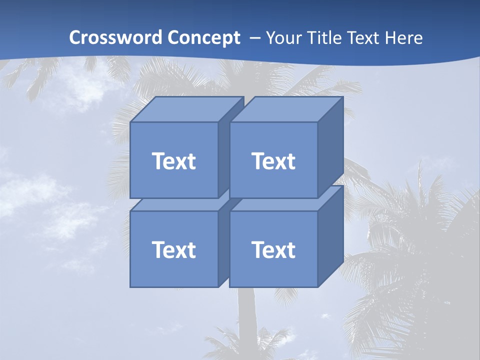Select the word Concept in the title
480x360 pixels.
[204, 38]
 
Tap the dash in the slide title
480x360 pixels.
[254, 38]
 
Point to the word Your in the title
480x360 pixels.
[284, 38]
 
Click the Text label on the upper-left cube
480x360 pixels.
[173, 161]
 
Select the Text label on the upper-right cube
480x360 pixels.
[273, 161]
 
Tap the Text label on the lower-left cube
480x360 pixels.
[173, 249]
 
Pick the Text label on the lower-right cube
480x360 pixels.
[273, 249]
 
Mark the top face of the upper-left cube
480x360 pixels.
[185, 109]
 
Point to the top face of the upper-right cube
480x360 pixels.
[285, 109]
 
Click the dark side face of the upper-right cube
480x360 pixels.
[330, 147]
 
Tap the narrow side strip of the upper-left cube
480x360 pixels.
[223, 155]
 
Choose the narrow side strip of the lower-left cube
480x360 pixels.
[223, 245]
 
